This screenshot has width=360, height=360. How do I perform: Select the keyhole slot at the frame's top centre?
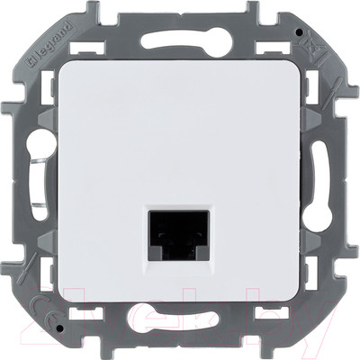pyautogui.click(x=180, y=39)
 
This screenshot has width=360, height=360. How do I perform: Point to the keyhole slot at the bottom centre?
pyautogui.click(x=180, y=317)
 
